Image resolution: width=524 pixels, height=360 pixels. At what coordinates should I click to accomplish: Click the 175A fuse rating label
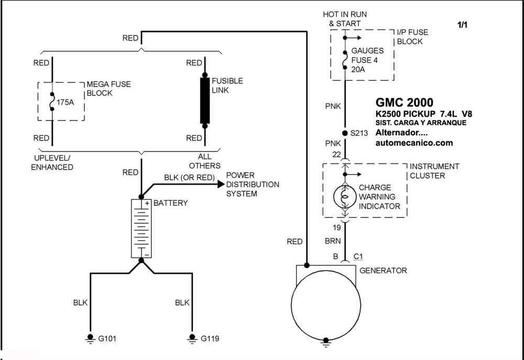tap(65, 102)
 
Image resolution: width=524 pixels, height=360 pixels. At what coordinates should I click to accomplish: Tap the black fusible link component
tap(205, 101)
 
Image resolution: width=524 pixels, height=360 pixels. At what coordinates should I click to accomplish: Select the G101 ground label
tap(107, 339)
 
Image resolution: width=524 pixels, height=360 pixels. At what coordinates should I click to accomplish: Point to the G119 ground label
tap(210, 339)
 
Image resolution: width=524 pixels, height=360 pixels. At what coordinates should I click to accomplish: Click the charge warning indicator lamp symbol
tap(345, 197)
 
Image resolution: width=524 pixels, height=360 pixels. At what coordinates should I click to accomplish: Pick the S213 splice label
tap(359, 133)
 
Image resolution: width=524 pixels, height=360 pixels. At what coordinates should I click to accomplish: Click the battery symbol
tap(141, 228)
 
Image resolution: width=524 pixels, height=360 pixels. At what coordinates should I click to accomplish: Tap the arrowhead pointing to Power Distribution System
tap(221, 184)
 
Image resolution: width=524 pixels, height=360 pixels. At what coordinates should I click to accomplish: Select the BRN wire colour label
tap(333, 241)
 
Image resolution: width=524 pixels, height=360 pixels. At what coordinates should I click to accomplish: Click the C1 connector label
tap(358, 256)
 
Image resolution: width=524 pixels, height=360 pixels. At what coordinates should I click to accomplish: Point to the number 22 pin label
tap(336, 155)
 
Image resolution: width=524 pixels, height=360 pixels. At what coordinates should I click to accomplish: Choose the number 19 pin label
tap(336, 227)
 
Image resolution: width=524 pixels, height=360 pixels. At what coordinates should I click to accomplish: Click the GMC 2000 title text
tap(405, 102)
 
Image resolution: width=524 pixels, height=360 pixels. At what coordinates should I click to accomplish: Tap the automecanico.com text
tap(414, 143)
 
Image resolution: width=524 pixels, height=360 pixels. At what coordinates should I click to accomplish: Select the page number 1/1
tap(463, 25)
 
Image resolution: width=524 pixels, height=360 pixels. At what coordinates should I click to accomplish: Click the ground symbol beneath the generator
tap(326, 342)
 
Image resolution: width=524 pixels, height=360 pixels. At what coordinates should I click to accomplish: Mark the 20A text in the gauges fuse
tap(358, 70)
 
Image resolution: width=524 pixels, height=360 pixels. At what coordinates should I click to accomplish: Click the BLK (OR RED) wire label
tap(190, 178)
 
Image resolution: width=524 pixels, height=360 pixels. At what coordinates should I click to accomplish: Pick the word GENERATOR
tap(384, 270)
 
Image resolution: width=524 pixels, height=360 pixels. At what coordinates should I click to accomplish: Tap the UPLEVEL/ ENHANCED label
tap(52, 162)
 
